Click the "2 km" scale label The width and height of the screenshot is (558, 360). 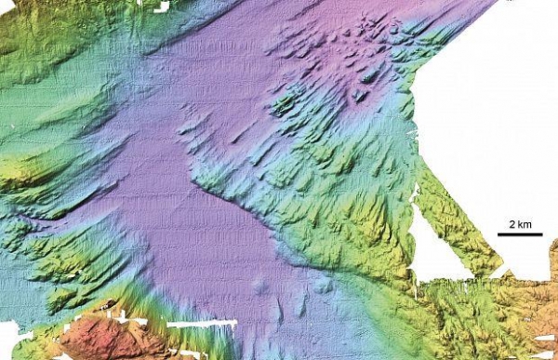pos(519,224)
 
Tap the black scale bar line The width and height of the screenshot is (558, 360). pos(520,234)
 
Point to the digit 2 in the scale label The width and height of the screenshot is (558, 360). pos(511,224)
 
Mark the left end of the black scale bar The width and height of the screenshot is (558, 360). pos(498,234)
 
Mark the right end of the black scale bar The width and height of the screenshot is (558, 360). pos(542,234)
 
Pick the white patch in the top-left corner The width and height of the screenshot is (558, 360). pos(149,6)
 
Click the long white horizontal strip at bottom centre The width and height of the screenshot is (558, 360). pos(205,324)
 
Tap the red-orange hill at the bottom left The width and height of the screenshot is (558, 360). pos(102,337)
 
